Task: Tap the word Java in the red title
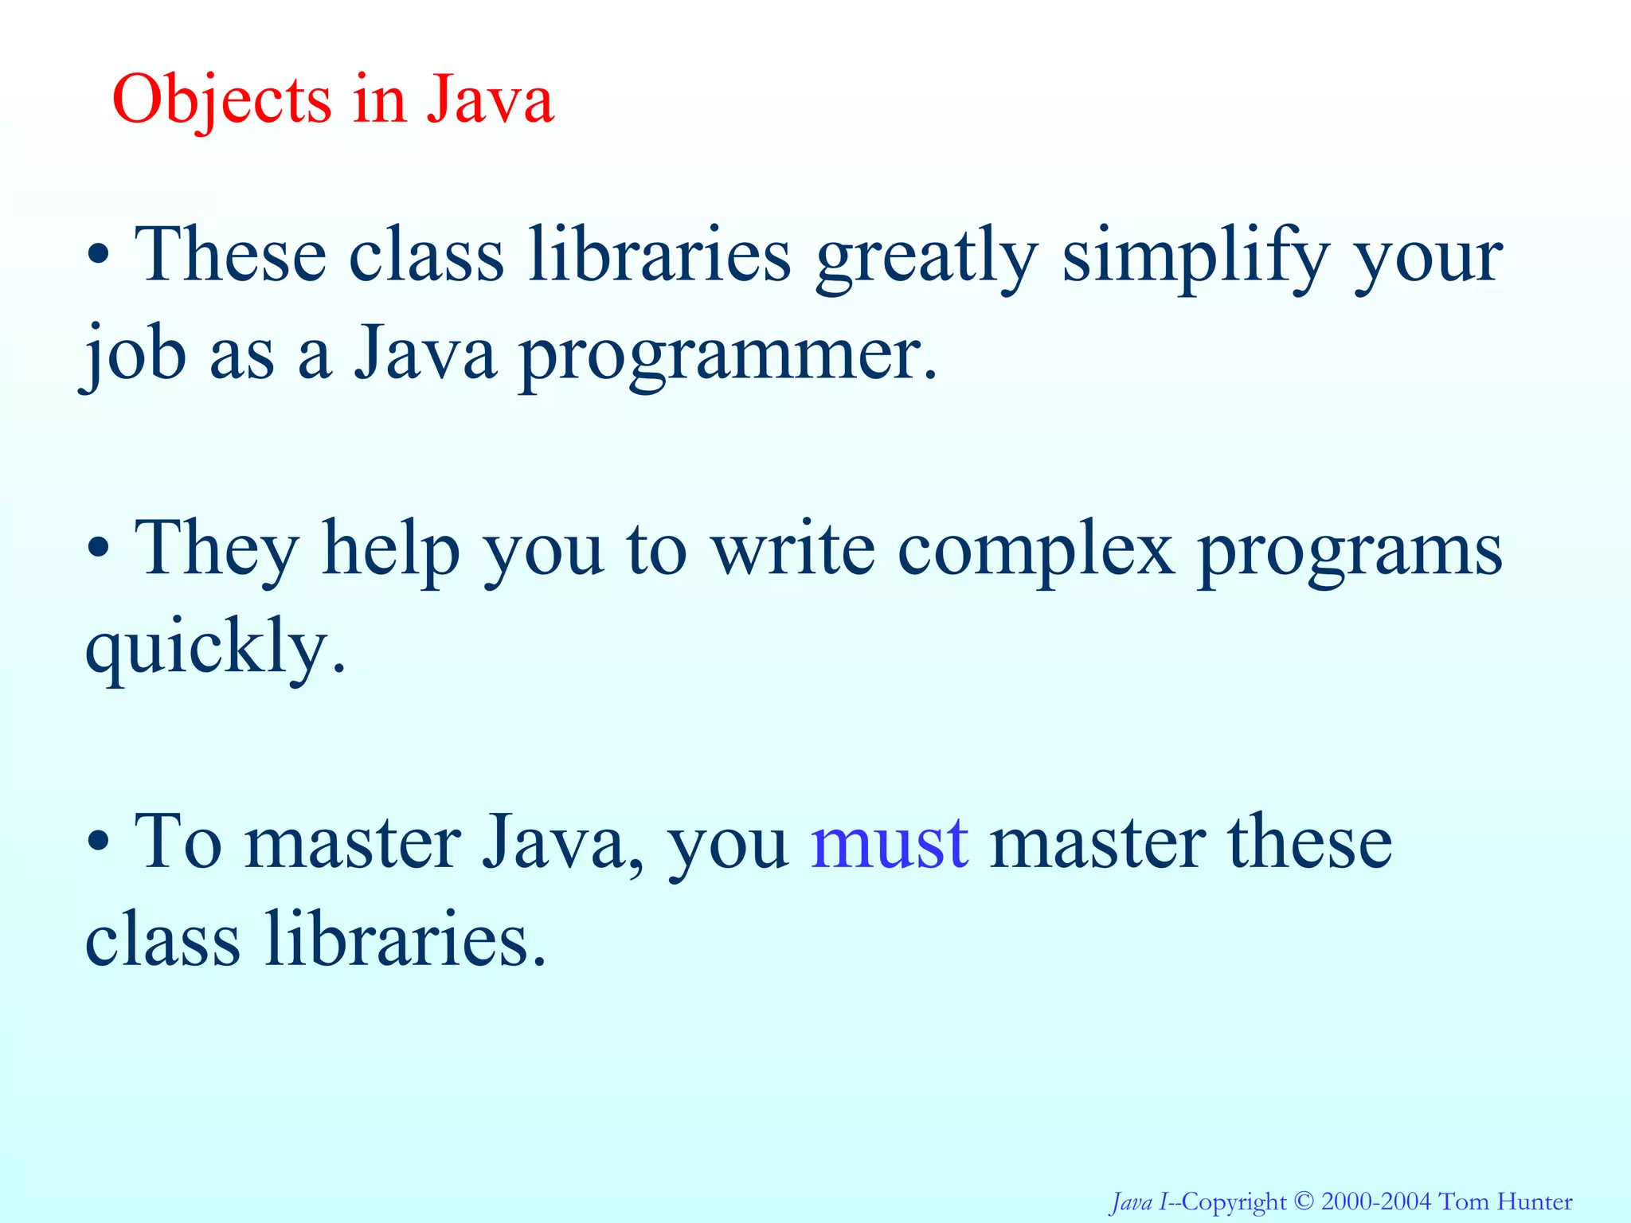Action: point(490,100)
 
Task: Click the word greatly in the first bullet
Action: point(926,256)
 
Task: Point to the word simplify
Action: point(1195,256)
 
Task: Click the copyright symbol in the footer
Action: point(1304,1202)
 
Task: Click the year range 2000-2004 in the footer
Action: point(1375,1202)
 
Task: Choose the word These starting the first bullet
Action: point(231,256)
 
